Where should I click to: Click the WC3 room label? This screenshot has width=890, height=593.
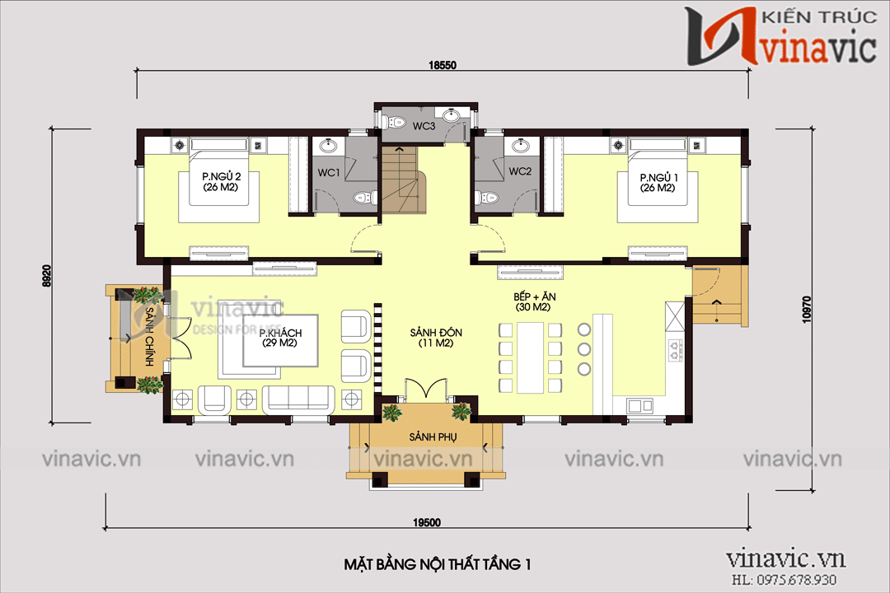(424, 126)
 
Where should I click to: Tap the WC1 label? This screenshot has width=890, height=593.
(329, 172)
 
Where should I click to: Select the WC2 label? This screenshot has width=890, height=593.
(520, 171)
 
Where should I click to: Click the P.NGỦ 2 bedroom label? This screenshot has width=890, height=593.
(221, 182)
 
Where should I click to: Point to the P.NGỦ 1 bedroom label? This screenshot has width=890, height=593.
(658, 183)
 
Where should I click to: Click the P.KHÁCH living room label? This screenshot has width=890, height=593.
(280, 338)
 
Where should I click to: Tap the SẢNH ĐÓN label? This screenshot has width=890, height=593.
(436, 338)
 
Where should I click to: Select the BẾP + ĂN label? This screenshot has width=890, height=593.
(534, 302)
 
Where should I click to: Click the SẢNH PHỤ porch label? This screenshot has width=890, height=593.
(433, 437)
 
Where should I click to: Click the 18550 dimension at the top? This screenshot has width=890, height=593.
(443, 65)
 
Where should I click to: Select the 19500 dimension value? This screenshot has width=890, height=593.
(427, 523)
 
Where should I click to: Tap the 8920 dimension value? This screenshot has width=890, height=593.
(47, 276)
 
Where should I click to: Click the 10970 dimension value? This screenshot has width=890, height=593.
(807, 310)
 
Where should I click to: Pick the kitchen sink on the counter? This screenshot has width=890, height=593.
(640, 405)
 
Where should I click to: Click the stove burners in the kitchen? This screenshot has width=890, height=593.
(675, 350)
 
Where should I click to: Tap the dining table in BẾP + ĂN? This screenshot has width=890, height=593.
(530, 357)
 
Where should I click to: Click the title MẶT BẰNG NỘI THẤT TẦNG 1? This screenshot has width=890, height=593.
(437, 564)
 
